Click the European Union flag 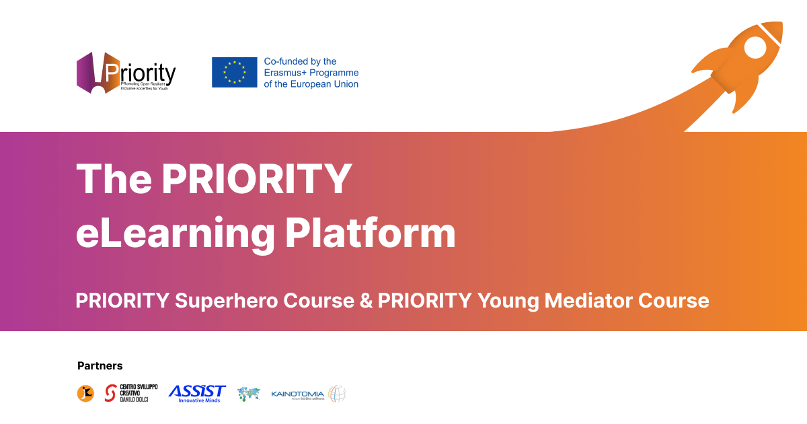[234, 72]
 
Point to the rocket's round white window [755, 46]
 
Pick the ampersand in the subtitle [367, 299]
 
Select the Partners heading [100, 366]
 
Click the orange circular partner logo [85, 394]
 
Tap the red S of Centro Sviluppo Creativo [110, 394]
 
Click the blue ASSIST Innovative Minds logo [196, 393]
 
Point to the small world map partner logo [248, 394]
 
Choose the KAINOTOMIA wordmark [297, 394]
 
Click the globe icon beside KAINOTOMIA [336, 394]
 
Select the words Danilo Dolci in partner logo [133, 400]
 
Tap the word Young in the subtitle [508, 299]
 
